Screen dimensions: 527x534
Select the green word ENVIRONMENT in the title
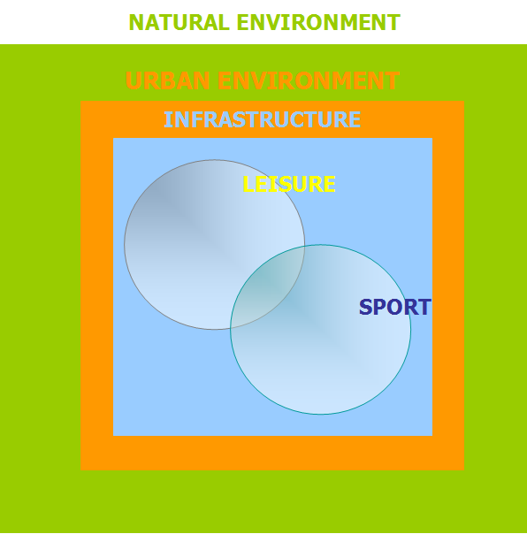[318, 22]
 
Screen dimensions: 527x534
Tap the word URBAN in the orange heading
[167, 80]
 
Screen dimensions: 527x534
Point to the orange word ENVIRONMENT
[309, 80]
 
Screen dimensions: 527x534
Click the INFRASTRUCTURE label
[262, 119]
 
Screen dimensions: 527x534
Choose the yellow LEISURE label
[289, 184]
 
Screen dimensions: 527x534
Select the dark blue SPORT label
[395, 307]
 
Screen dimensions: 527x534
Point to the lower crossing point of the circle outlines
[231, 328]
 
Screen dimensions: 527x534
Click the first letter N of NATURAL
[136, 22]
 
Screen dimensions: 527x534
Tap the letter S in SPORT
[366, 307]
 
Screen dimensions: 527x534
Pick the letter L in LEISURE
[248, 184]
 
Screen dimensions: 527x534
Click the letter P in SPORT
[380, 307]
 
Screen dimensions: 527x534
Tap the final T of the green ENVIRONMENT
[393, 22]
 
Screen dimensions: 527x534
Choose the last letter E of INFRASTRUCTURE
[355, 119]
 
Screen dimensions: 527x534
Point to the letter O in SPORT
[395, 307]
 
